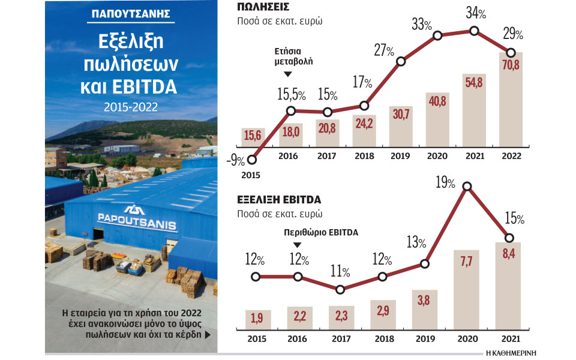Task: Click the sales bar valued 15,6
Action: click(252, 137)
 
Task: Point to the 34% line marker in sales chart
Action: click(475, 31)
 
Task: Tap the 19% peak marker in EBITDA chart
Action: click(467, 187)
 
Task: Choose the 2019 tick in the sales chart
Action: click(400, 155)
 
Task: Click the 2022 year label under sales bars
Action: click(510, 155)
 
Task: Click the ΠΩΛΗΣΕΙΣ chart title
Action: click(263, 8)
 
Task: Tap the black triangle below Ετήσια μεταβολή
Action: click(287, 74)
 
